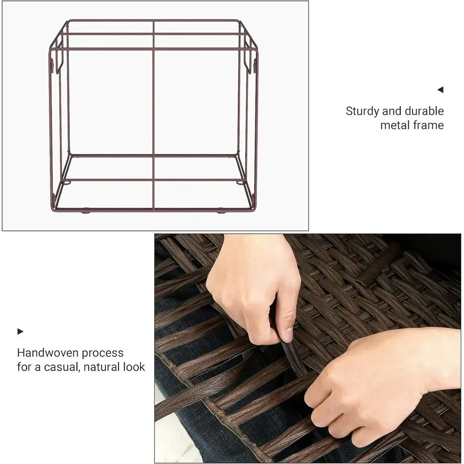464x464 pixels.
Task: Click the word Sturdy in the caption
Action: click(362, 111)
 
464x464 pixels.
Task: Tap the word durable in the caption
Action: click(424, 111)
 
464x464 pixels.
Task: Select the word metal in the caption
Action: click(393, 125)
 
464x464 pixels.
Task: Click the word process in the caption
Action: click(103, 353)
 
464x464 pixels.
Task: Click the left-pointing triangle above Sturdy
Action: click(440, 90)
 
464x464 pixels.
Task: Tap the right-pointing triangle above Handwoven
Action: click(20, 331)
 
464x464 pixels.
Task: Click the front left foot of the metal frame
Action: click(86, 212)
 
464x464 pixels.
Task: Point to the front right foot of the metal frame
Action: click(221, 212)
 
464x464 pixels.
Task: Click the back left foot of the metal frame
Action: click(67, 183)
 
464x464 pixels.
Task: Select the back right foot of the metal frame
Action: click(241, 183)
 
